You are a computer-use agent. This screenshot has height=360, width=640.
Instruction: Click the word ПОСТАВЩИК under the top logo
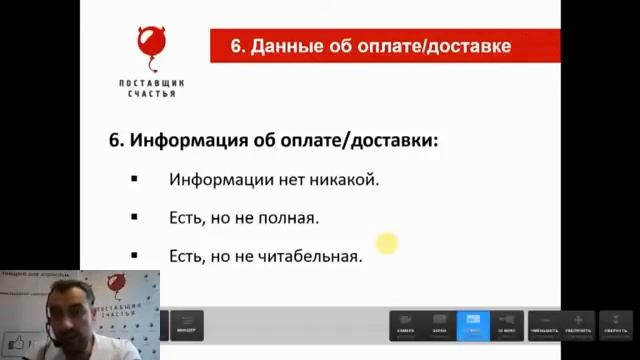coord(152,83)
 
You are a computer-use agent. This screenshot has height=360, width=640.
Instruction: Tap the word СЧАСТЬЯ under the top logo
coord(152,94)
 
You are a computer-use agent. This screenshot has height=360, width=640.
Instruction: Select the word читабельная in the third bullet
coord(311,255)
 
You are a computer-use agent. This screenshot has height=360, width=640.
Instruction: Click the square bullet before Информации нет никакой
coord(133,179)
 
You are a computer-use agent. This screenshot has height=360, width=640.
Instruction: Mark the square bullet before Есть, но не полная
coord(133,216)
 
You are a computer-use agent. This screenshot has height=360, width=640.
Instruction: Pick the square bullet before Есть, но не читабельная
coord(133,254)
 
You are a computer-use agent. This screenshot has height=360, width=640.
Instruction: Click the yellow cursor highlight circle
coord(387,243)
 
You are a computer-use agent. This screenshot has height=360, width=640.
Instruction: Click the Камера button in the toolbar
coord(405,324)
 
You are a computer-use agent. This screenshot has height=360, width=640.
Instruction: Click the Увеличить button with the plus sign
coord(579,324)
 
